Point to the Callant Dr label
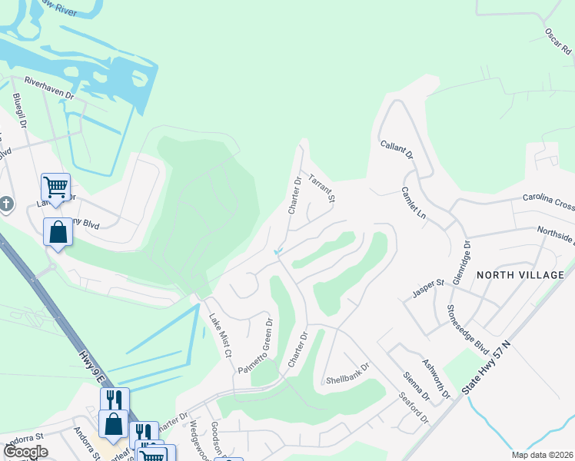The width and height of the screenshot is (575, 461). [397, 144]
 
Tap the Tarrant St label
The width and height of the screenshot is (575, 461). [322, 189]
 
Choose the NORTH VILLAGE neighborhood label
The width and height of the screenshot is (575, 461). [520, 274]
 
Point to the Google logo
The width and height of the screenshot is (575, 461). [26, 452]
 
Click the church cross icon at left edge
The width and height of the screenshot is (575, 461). [5, 204]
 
